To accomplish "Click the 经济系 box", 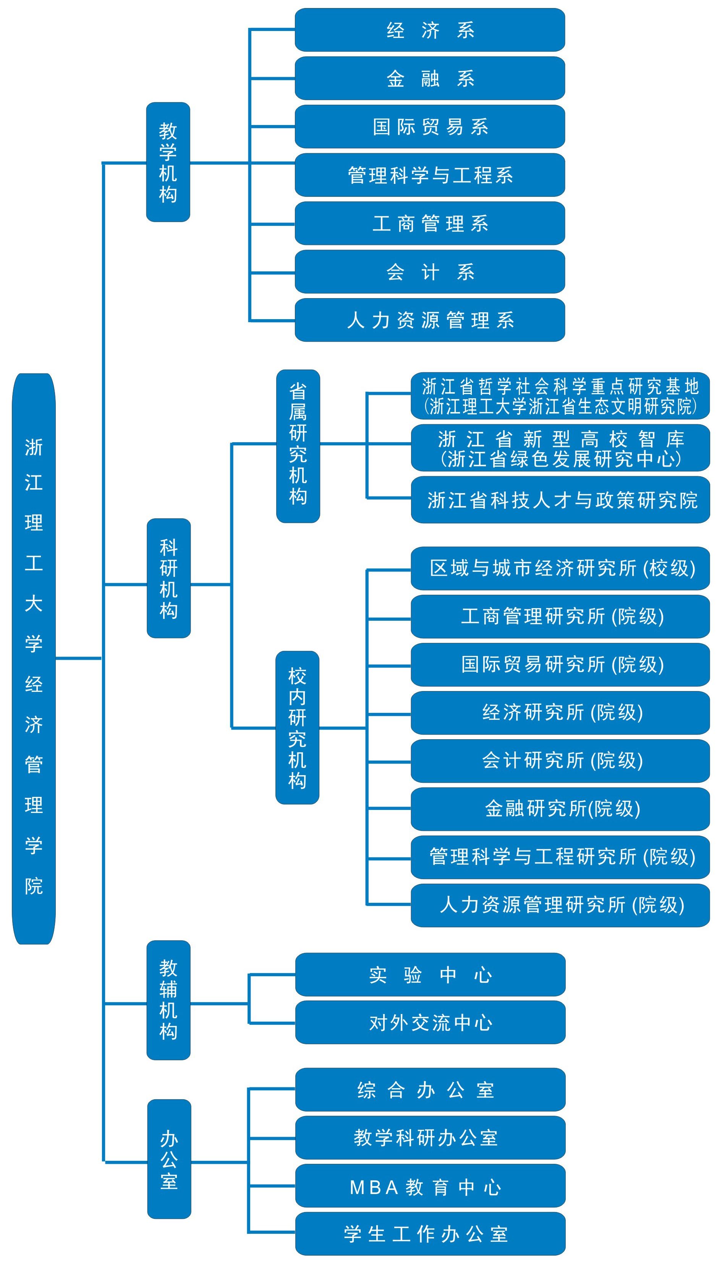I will [x=429, y=30].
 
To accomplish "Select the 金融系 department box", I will [x=429, y=78].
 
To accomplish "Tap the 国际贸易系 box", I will [x=429, y=127].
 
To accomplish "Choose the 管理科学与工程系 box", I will [x=429, y=175].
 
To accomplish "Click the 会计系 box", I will [x=429, y=272].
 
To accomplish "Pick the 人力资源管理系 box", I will [x=429, y=320].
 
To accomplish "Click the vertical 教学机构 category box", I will [x=168, y=162].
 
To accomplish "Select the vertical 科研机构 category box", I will [x=168, y=578].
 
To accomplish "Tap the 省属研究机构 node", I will [x=298, y=446].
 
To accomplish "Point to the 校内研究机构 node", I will [x=298, y=728].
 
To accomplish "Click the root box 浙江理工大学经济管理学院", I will [x=34, y=659].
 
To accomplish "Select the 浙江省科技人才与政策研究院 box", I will [x=560, y=500].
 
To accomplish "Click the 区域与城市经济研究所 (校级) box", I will [x=560, y=568].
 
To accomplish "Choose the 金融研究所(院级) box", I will [x=560, y=809].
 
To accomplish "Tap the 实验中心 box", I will [x=430, y=975].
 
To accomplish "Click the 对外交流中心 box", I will [x=430, y=1023].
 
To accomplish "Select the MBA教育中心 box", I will [x=430, y=1187].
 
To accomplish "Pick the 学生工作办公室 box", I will [x=430, y=1234].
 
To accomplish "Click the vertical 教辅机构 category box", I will [x=168, y=1000].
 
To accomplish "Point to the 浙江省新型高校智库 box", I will [x=560, y=448].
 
